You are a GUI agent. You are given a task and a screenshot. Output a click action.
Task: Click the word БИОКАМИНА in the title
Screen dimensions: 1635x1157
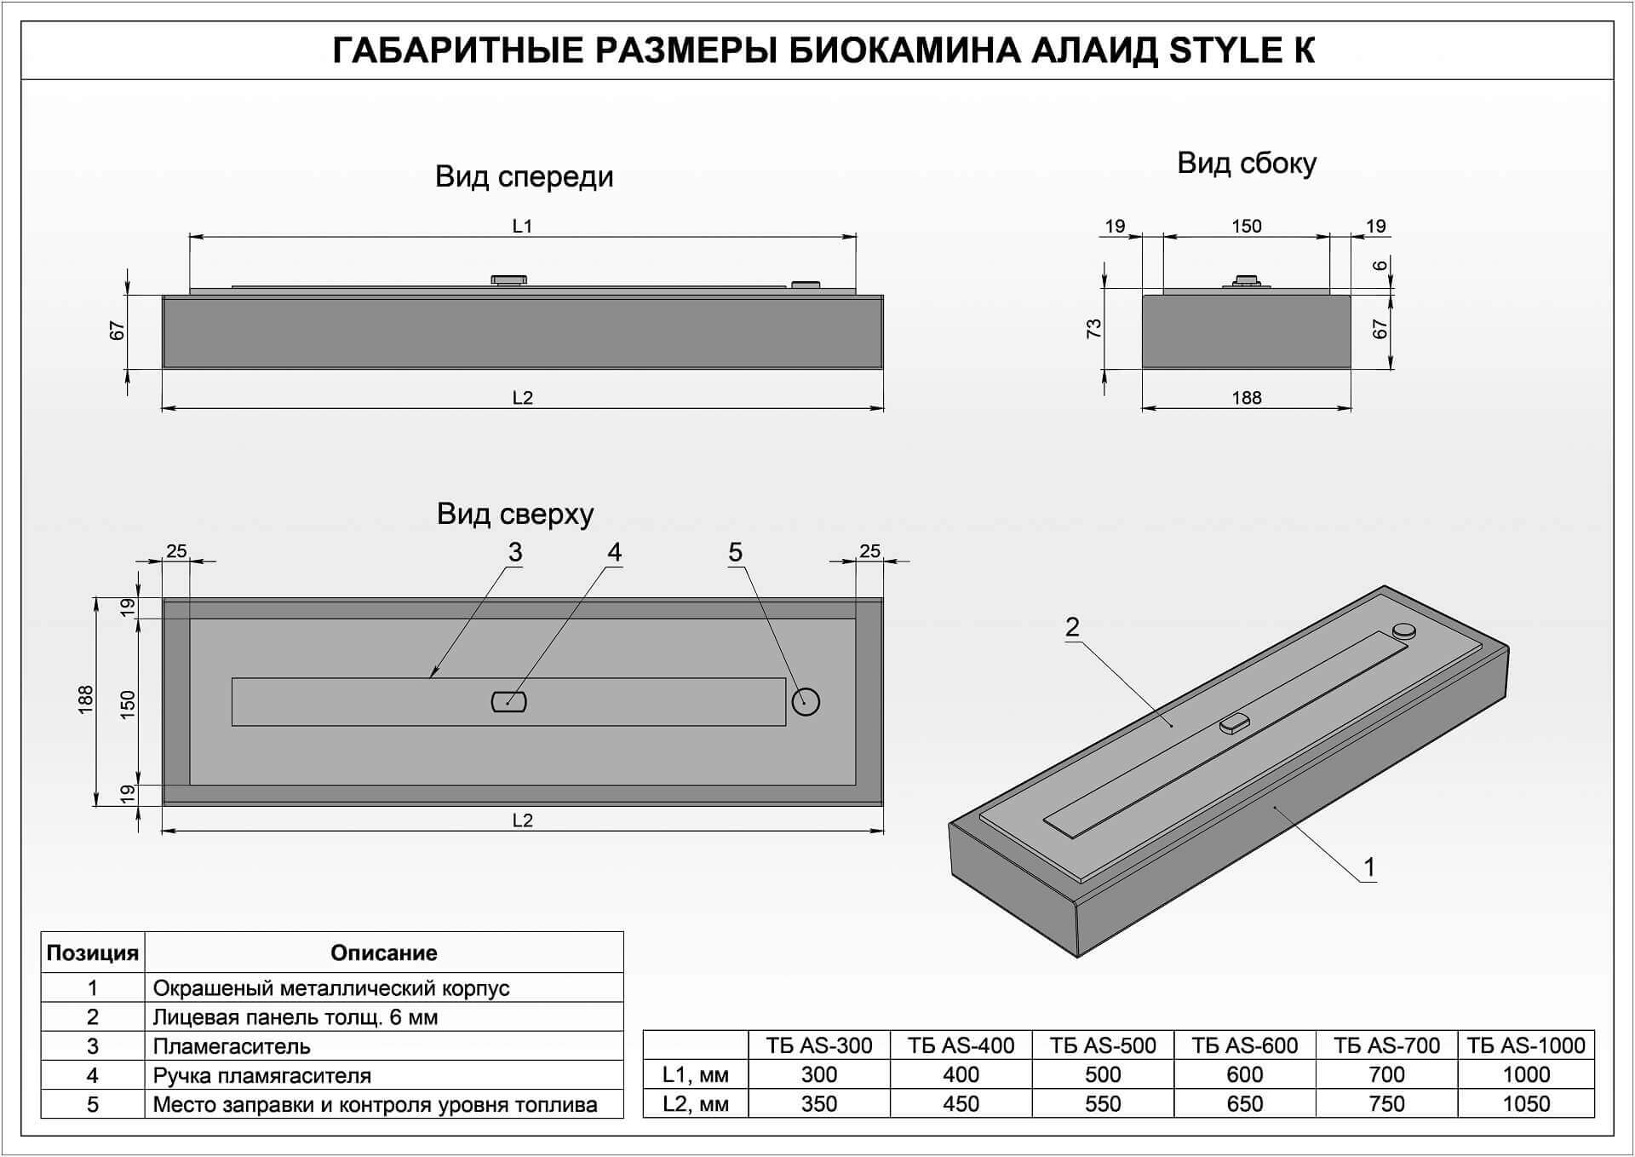[904, 50]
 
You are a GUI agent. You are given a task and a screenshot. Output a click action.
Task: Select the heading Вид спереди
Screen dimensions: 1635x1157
[524, 176]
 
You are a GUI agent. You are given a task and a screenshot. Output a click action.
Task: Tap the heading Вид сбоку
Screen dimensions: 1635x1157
[1247, 163]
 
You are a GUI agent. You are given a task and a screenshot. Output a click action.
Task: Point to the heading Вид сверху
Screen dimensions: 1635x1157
[515, 514]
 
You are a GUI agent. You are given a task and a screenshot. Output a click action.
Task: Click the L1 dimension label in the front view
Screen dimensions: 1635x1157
[522, 226]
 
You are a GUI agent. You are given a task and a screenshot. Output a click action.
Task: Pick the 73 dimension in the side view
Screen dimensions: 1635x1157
[1094, 328]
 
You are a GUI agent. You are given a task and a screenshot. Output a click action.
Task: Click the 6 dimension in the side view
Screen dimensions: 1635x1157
[1380, 265]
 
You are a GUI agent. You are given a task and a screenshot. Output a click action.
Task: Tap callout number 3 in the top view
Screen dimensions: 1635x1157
[515, 552]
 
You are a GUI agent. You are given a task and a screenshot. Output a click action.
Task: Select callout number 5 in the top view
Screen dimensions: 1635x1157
[735, 552]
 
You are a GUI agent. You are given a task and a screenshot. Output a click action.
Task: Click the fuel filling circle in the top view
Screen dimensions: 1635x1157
[806, 702]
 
